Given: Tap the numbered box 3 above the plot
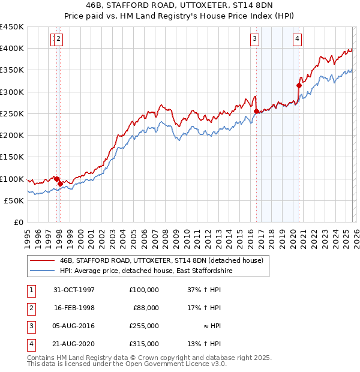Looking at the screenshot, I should pyautogui.click(x=254, y=40).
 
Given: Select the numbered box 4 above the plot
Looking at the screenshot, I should pyautogui.click(x=297, y=40).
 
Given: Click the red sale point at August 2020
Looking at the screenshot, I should pyautogui.click(x=299, y=85).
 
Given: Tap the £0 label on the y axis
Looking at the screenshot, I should pyautogui.click(x=18, y=223).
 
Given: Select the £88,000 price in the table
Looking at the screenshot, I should pyautogui.click(x=146, y=308).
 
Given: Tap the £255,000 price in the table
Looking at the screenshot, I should pyautogui.click(x=144, y=326).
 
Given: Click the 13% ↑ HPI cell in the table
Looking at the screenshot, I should pyautogui.click(x=205, y=344).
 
